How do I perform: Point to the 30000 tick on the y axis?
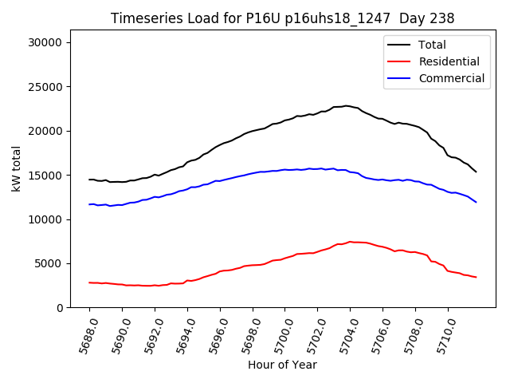53,42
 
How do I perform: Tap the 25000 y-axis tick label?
53,87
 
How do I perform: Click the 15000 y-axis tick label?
53,176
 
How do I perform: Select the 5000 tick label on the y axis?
57,263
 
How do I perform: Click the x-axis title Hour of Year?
282,365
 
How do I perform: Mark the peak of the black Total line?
347,105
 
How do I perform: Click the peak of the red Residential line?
351,241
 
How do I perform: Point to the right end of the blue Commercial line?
477,202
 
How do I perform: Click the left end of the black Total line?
89,180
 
